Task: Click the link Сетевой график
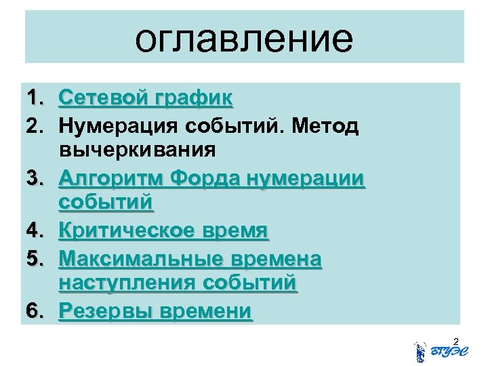click(x=146, y=100)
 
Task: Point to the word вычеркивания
click(x=138, y=148)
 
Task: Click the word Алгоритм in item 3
click(x=111, y=179)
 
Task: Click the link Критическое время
click(x=164, y=232)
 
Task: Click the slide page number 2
click(x=455, y=340)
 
